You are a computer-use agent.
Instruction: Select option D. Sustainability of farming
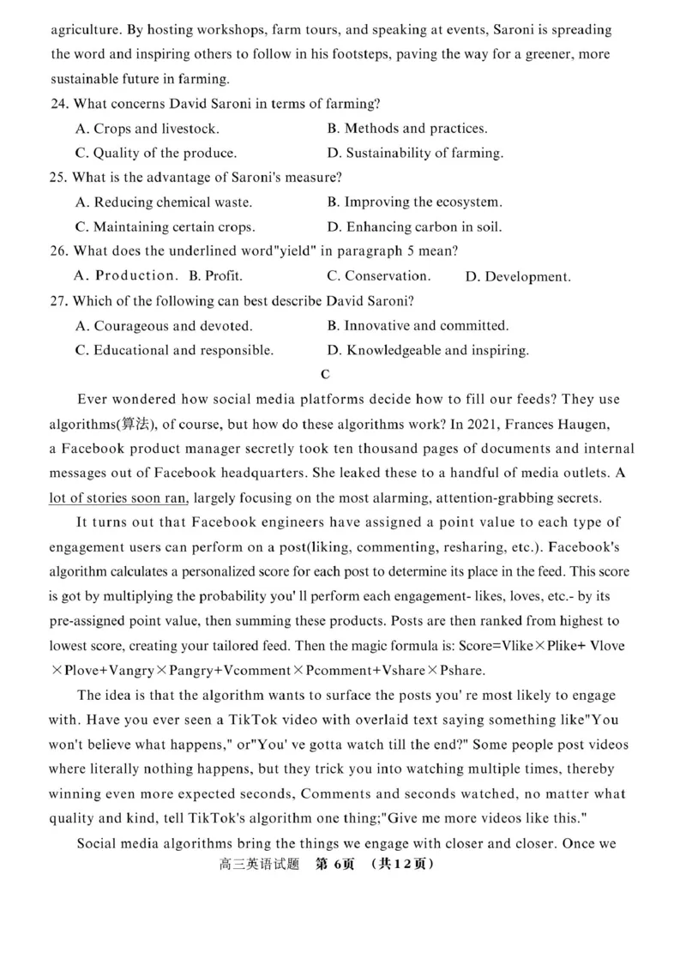[x=415, y=154]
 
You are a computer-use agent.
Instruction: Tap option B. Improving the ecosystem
[x=415, y=202]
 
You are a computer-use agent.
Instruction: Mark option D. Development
[x=517, y=276]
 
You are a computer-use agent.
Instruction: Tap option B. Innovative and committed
[x=418, y=325]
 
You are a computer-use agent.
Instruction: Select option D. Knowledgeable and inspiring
[x=428, y=350]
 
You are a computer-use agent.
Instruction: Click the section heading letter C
[x=324, y=374]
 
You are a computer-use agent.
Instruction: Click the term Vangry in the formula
[x=178, y=669]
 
